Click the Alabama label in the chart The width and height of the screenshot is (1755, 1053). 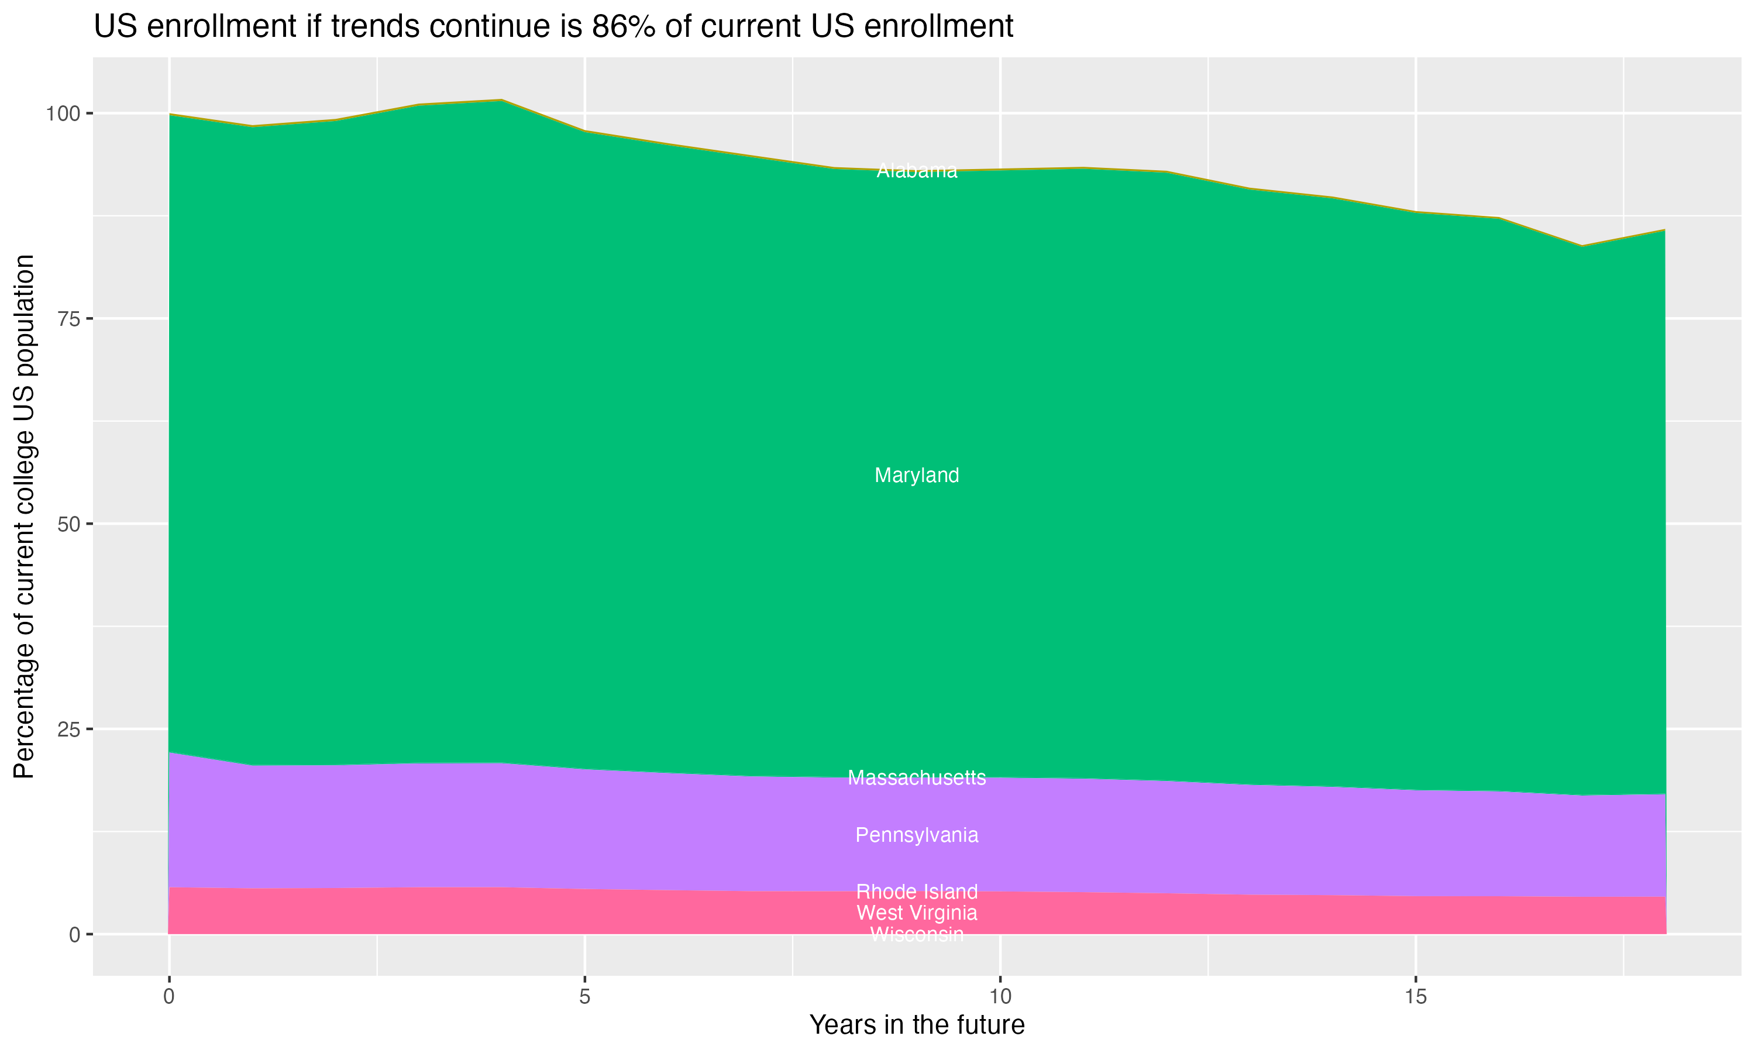click(917, 171)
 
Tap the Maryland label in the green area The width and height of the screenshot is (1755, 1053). click(917, 476)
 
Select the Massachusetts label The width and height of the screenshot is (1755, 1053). click(917, 777)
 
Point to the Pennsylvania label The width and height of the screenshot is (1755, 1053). click(917, 835)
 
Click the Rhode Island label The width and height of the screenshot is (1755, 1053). click(917, 891)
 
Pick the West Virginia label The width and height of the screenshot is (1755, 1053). click(917, 913)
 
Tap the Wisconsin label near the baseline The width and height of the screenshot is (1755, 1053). click(917, 934)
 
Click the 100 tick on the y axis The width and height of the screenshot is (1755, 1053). click(64, 113)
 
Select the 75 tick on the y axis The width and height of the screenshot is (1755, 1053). click(68, 319)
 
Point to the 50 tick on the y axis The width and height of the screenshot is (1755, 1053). click(68, 524)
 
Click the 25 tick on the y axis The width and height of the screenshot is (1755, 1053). click(68, 729)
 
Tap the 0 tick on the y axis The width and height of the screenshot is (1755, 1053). click(74, 934)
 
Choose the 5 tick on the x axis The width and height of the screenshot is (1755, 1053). click(584, 997)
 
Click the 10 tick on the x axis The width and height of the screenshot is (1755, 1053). click(1000, 997)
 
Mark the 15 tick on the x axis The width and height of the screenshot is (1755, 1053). click(1415, 997)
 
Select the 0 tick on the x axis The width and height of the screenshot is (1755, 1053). click(169, 997)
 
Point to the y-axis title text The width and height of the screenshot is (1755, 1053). click(24, 517)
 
